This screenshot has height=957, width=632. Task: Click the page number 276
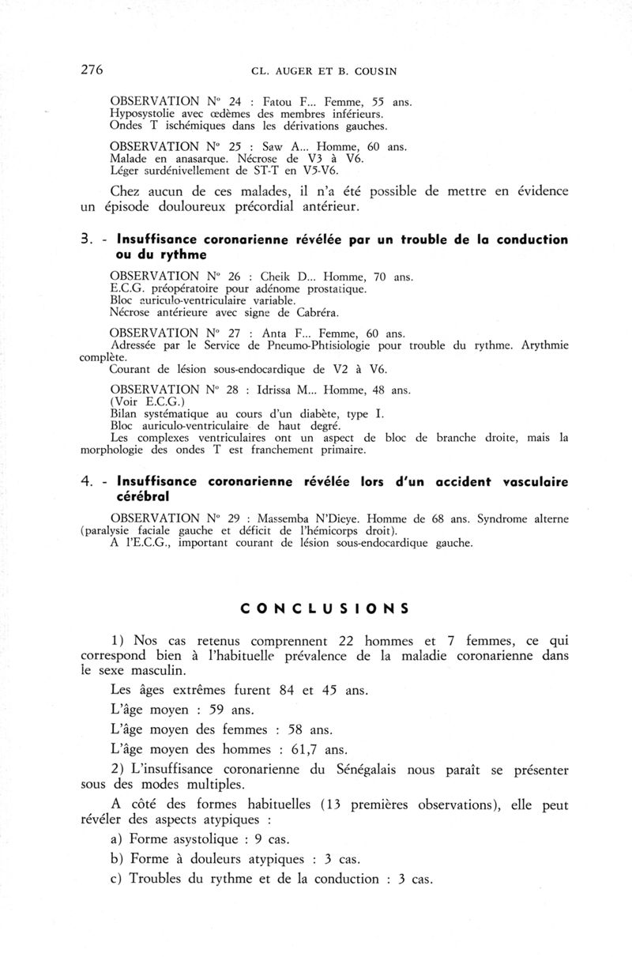[x=92, y=70]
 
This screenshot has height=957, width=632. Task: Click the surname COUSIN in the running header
[x=373, y=71]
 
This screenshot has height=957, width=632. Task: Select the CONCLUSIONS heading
[x=324, y=608]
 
